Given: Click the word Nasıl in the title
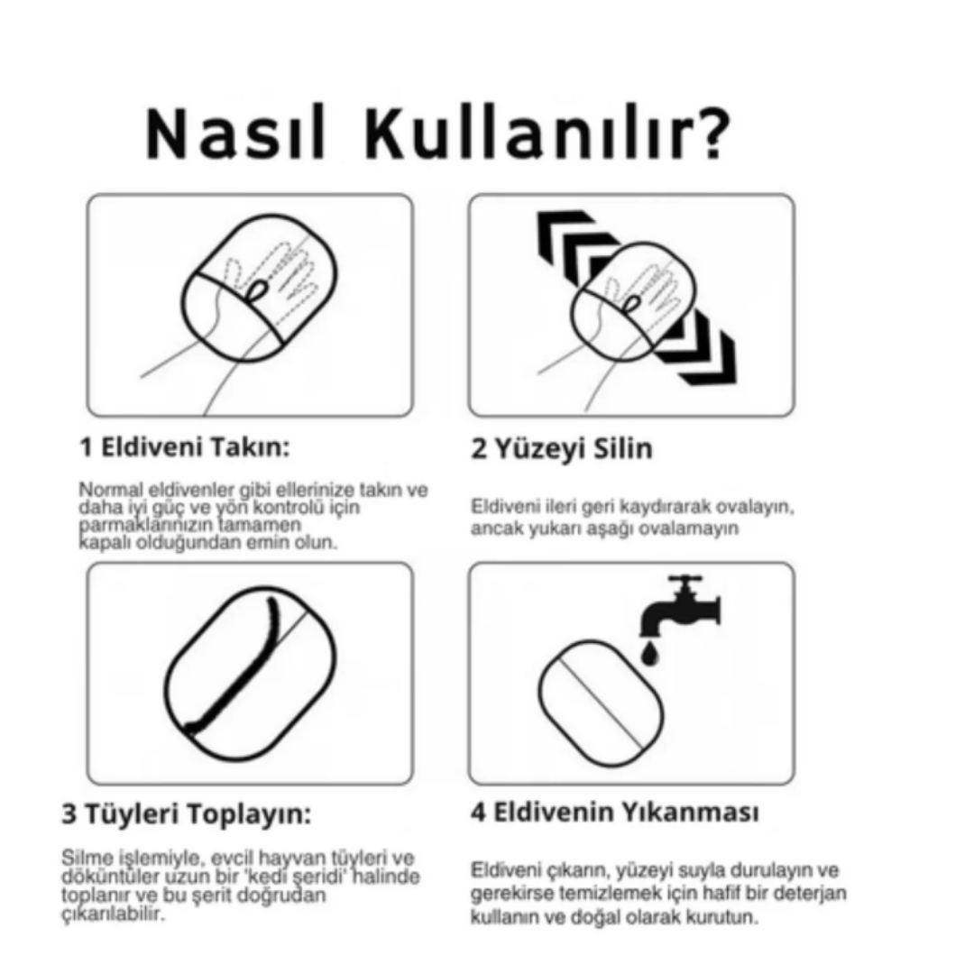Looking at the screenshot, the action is click(x=236, y=133).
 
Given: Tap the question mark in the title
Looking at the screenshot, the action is click(x=710, y=132).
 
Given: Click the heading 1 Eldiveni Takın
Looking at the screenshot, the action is click(x=185, y=447).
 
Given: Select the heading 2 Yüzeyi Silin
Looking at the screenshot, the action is click(x=562, y=448).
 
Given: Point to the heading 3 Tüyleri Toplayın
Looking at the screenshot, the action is click(x=187, y=813).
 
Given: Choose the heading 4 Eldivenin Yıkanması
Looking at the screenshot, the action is click(x=614, y=813).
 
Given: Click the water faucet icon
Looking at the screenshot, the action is click(x=681, y=606).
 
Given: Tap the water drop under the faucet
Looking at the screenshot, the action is click(x=649, y=654).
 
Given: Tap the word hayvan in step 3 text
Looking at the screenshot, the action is click(x=292, y=858).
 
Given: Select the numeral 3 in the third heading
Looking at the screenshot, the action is click(x=69, y=813).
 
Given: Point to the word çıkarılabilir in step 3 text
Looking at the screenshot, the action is click(x=114, y=914).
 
